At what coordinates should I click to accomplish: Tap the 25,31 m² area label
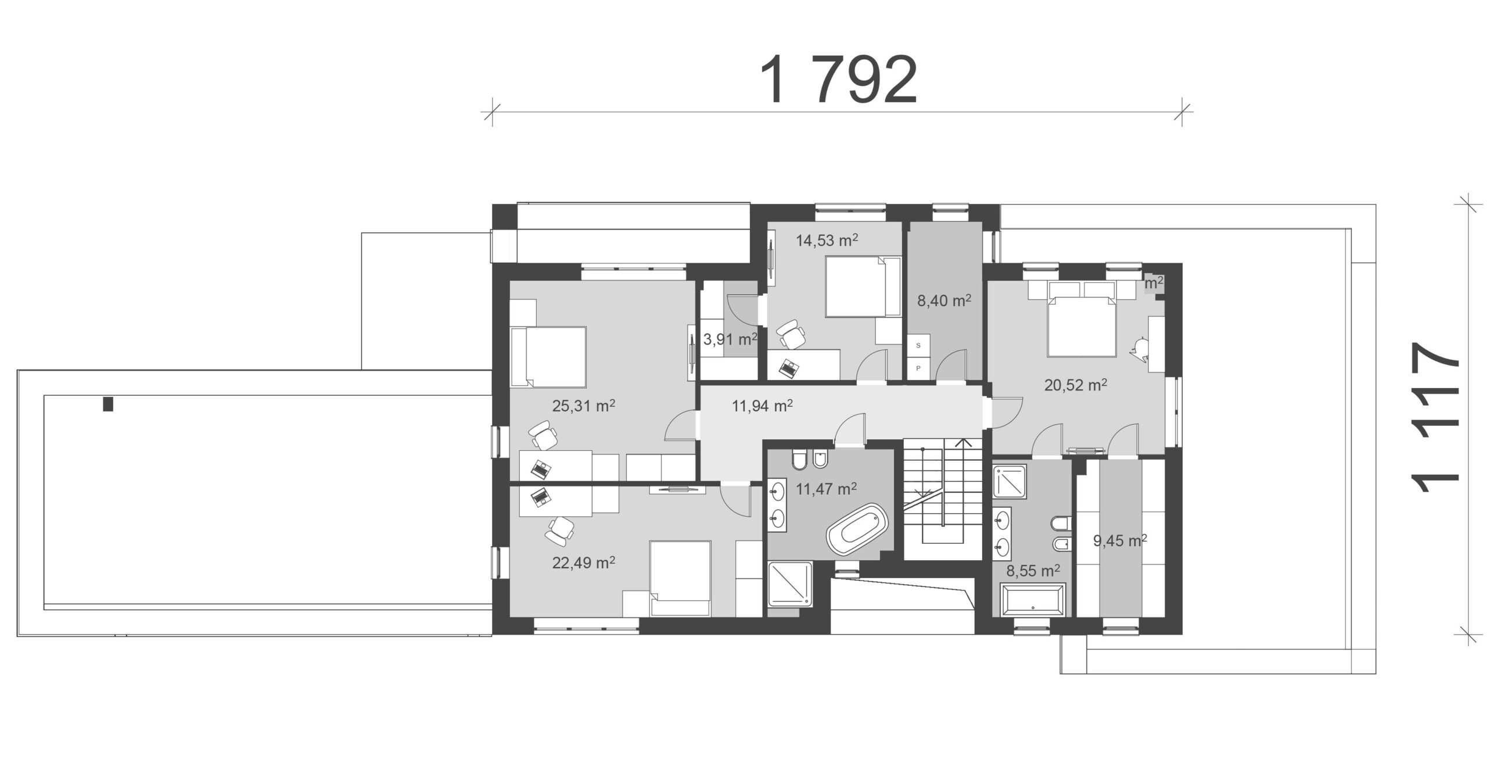click(584, 406)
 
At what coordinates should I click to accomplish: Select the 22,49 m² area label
click(584, 562)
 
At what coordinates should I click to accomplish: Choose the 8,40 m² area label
click(944, 300)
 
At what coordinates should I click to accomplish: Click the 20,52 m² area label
click(1076, 385)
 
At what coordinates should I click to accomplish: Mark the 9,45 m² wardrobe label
click(1120, 542)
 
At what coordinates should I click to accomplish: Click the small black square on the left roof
click(108, 404)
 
